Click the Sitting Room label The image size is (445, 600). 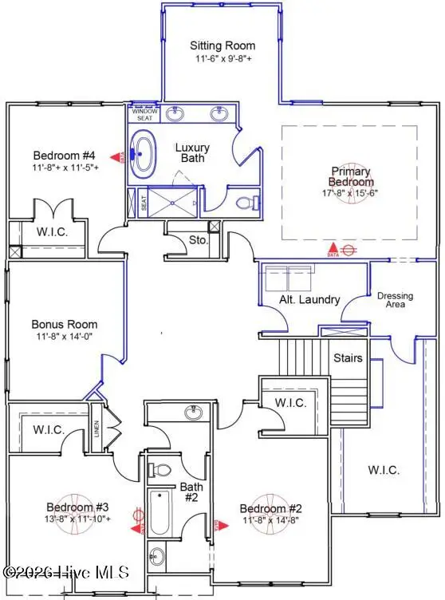coord(220,45)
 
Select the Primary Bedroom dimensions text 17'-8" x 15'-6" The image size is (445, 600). coord(352,192)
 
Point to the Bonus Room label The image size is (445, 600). coord(65,325)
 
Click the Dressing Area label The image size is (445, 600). coord(396,301)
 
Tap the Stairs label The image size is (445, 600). coord(349,358)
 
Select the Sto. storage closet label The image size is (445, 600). coord(198,239)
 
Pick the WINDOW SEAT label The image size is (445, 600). coord(144,115)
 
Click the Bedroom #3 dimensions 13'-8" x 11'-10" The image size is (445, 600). coord(66,519)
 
